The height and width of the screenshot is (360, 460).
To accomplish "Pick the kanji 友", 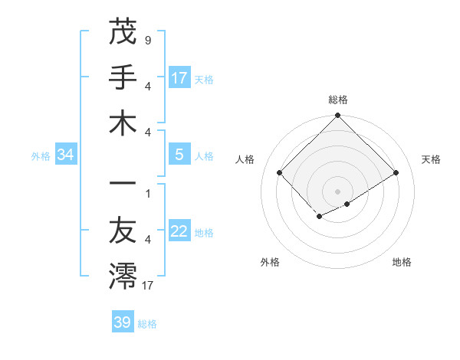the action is tap(123, 231).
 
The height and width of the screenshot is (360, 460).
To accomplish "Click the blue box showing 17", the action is tap(179, 77).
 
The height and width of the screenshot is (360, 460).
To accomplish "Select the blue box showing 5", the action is tap(179, 155).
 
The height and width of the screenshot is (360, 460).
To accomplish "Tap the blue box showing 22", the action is tap(179, 231).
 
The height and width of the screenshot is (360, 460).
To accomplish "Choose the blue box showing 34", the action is tap(66, 155).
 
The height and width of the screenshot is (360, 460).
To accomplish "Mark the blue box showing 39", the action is tap(123, 322).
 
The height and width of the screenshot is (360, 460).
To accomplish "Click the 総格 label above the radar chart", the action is tap(338, 100).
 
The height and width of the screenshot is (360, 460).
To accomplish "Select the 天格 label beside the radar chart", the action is tap(432, 159).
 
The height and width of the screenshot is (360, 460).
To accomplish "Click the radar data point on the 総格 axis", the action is tap(338, 116).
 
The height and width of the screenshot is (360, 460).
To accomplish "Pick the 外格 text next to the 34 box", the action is tap(41, 156).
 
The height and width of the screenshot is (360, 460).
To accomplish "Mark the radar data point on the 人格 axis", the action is tap(280, 173).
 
